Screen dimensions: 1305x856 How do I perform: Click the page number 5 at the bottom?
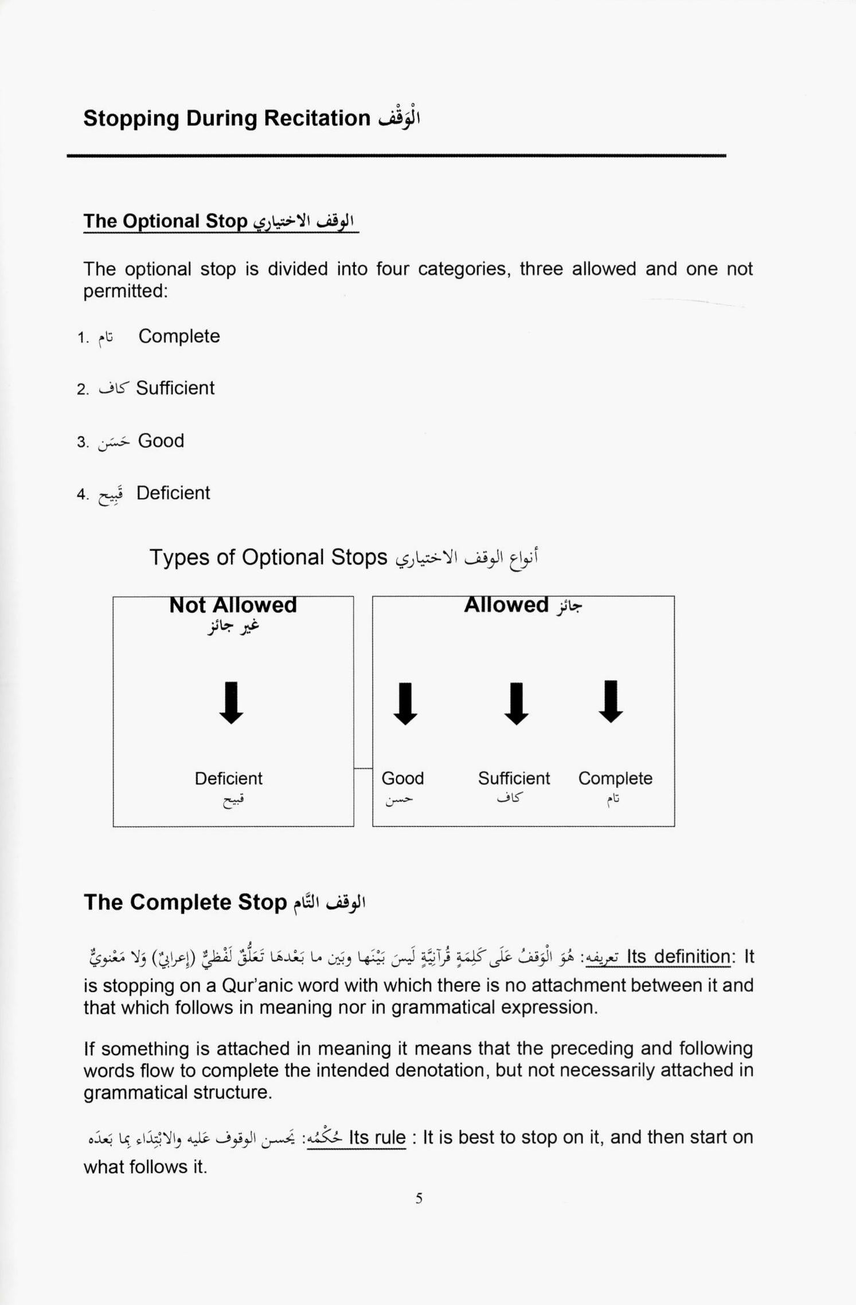point(419,1198)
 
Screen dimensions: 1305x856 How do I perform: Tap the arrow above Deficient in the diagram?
point(231,703)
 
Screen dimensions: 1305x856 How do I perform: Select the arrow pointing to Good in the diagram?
point(405,704)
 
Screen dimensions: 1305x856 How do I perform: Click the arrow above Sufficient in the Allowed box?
point(516,704)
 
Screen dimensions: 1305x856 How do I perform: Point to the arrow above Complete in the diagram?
point(611,702)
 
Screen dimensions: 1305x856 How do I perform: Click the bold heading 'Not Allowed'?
point(233,605)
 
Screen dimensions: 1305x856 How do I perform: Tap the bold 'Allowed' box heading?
point(506,605)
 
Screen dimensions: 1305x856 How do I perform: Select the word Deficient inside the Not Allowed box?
point(228,778)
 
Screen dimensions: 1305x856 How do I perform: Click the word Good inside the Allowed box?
point(402,778)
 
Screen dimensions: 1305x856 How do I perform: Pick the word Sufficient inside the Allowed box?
point(514,778)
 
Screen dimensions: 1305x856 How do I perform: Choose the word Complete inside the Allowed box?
point(615,778)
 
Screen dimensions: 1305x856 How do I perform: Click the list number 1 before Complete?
point(82,338)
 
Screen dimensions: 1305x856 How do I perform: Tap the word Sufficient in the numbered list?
point(175,388)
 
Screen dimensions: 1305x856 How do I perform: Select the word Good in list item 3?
point(161,441)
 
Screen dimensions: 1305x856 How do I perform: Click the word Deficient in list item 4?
point(173,493)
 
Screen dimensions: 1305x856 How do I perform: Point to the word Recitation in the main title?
point(317,118)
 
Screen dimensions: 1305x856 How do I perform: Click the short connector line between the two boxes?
point(363,769)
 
